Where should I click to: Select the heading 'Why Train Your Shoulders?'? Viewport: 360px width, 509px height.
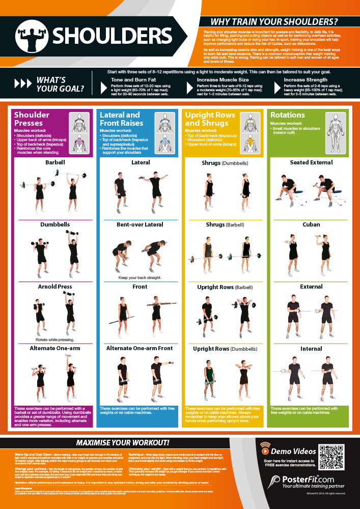[x=274, y=22]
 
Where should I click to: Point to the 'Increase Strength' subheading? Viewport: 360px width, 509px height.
[x=306, y=80]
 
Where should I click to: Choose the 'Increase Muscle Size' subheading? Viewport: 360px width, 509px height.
[x=223, y=80]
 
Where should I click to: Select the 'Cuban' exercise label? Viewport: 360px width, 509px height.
[x=311, y=224]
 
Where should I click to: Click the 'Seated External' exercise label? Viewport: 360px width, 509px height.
[x=311, y=162]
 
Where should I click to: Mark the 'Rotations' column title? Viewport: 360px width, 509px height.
[x=288, y=115]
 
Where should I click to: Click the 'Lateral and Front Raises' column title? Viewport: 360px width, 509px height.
[x=120, y=119]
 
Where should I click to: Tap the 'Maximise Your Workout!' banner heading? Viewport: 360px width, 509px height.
[x=123, y=442]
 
